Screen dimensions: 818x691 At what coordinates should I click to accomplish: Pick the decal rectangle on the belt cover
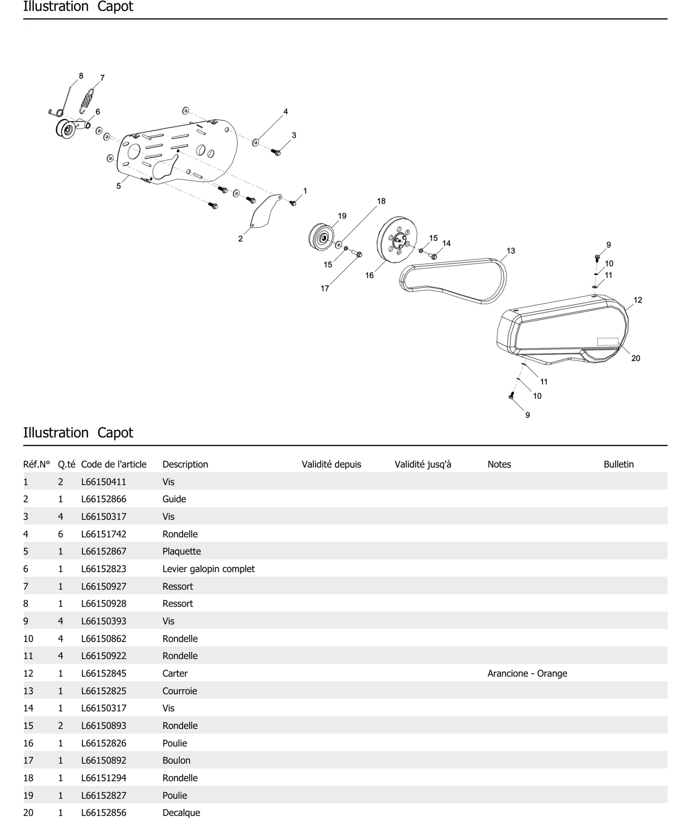pyautogui.click(x=607, y=341)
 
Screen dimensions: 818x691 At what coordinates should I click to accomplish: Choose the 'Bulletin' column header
pyautogui.click(x=618, y=464)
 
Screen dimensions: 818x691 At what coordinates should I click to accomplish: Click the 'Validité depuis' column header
pyautogui.click(x=331, y=464)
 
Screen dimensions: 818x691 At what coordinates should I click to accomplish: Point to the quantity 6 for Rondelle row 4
pyautogui.click(x=60, y=534)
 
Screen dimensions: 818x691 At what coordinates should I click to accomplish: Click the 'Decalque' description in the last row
pyautogui.click(x=181, y=813)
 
